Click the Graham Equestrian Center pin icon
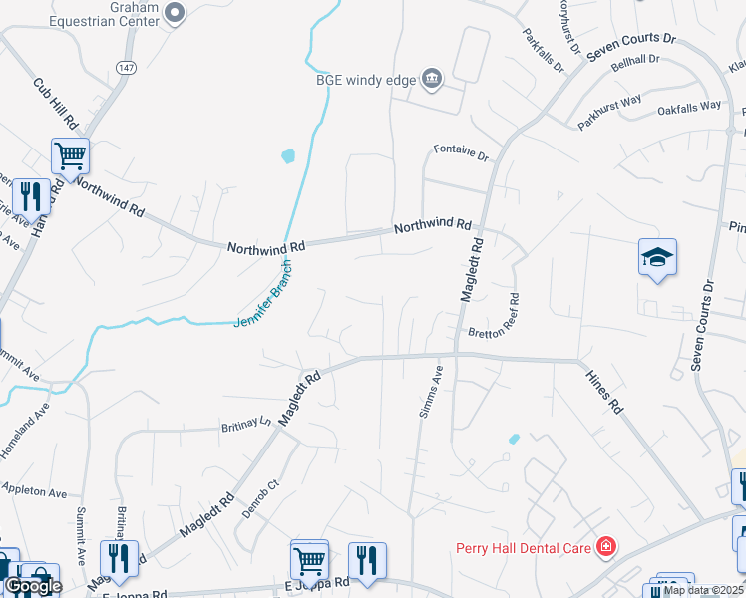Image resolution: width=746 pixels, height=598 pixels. (176, 12)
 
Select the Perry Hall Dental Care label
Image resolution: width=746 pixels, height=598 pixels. (523, 547)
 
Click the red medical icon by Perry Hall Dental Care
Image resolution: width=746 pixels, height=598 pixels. (604, 546)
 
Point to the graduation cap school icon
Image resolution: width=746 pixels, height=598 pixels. (658, 258)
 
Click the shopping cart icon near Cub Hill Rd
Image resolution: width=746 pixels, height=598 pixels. (71, 155)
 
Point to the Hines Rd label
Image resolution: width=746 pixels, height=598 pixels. (603, 392)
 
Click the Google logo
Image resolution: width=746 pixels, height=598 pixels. (33, 586)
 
